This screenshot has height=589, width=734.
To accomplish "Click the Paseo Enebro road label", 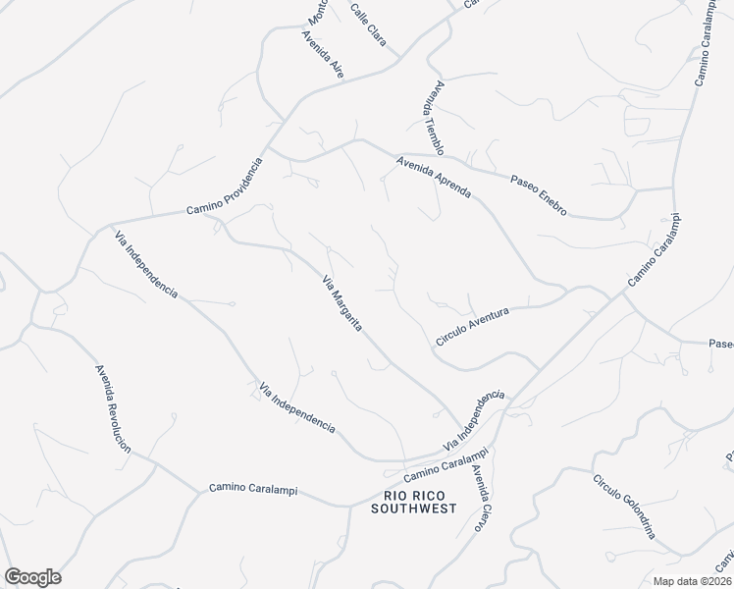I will (x=539, y=196).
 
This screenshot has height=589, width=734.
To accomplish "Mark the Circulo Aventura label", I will (x=473, y=326).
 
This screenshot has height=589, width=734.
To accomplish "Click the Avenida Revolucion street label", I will (x=113, y=408).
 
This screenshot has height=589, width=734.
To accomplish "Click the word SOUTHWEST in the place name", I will (x=414, y=509).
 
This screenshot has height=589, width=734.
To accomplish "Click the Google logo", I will (x=32, y=577).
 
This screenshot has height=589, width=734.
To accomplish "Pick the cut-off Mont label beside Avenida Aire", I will (x=317, y=12).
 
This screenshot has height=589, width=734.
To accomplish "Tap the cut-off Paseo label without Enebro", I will (x=721, y=345).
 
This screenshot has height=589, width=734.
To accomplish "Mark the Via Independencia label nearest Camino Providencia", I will (x=146, y=264).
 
